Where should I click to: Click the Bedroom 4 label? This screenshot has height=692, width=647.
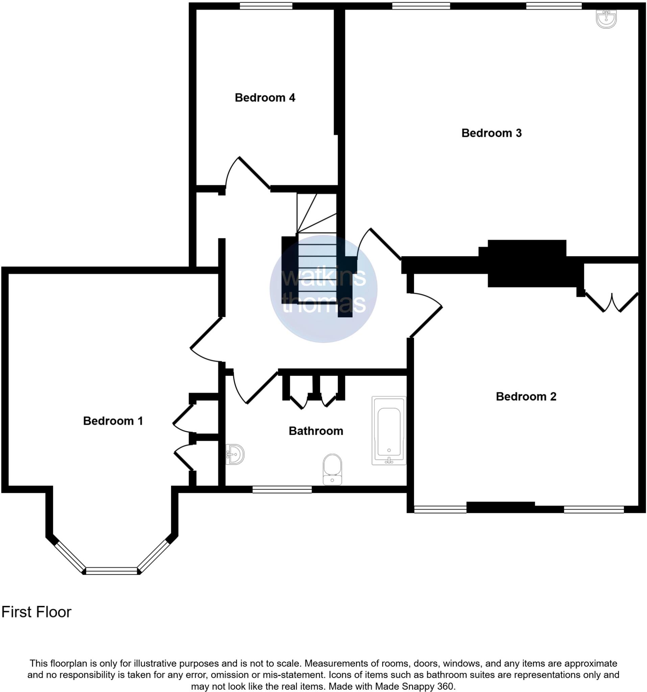coord(265,98)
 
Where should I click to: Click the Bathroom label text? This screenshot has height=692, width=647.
coord(315,431)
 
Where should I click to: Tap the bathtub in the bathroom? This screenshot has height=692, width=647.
coord(389,430)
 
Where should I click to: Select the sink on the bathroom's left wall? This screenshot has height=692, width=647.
coord(235,454)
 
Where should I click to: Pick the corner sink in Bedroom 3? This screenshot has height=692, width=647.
coord(606,19)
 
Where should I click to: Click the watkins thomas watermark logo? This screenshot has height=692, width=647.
coord(323,289)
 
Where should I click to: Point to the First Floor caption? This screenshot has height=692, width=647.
coord(37,612)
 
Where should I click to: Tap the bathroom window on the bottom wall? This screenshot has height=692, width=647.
coord(282,490)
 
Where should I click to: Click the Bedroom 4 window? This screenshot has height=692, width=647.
coord(266,5)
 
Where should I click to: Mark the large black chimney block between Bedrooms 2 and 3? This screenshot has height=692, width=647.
coord(527,264)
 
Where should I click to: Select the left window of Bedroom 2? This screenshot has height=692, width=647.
coord(440,510)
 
